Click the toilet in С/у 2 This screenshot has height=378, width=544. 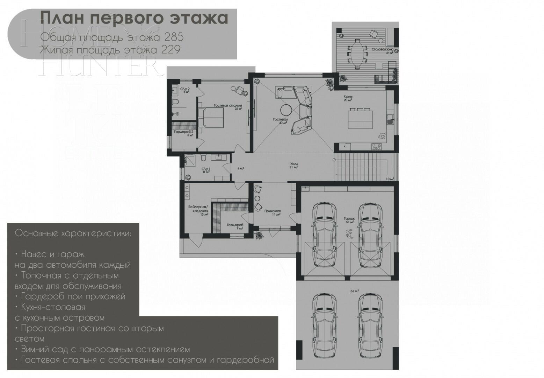point(176,102)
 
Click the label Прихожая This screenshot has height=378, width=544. point(272,212)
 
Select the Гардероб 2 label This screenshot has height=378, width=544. point(184,133)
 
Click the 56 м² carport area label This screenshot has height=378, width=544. point(354,291)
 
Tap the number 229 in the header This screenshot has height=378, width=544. point(171,50)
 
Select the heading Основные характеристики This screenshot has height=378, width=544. point(73,233)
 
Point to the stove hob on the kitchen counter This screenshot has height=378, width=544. point(376,147)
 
